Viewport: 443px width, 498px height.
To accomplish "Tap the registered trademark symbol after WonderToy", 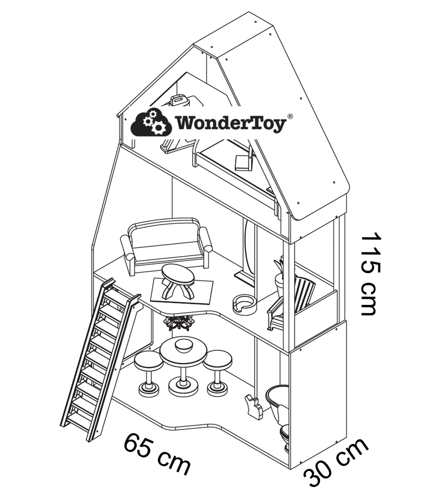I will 290,117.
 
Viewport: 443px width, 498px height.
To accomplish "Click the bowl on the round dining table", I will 182,346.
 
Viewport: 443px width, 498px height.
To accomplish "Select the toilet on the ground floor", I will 280,409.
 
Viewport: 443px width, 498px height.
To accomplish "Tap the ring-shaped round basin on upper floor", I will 244,303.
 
